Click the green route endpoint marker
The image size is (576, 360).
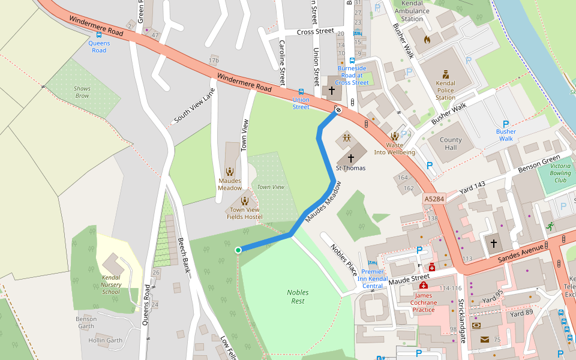click(x=238, y=250)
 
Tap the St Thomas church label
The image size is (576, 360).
click(x=350, y=168)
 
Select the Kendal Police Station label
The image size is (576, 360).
click(x=445, y=90)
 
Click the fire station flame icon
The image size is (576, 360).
click(x=427, y=40)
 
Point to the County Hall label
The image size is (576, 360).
click(x=451, y=144)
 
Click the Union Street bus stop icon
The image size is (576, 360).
click(x=301, y=91)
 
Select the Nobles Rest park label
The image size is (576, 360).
click(x=298, y=296)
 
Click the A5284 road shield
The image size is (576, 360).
click(x=435, y=199)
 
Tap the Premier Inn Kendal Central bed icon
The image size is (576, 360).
click(x=372, y=263)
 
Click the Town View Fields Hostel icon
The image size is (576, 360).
click(x=244, y=201)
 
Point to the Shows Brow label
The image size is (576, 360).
click(x=82, y=92)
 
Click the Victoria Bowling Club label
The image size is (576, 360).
click(x=560, y=173)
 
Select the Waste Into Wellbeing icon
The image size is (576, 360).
click(x=394, y=137)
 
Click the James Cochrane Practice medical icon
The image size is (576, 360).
click(x=424, y=286)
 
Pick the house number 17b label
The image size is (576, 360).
click(x=214, y=61)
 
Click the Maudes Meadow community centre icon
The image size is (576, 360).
click(x=230, y=172)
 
